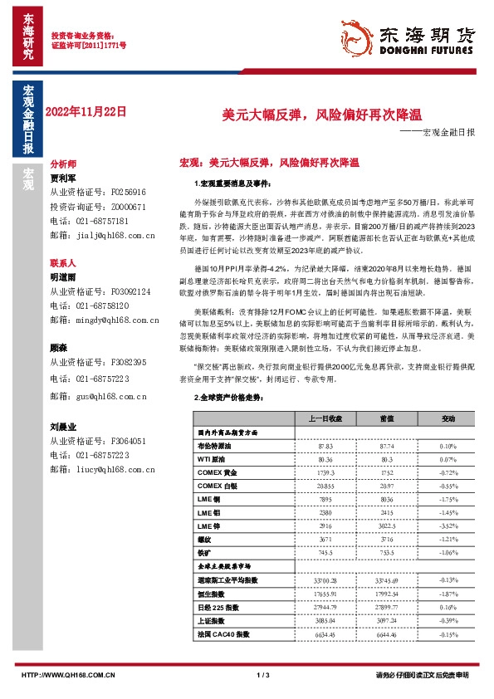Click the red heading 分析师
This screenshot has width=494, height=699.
coord(63,164)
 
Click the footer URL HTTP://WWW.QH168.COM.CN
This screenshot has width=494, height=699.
coord(67,675)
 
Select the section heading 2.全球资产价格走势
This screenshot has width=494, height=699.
coord(231,398)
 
